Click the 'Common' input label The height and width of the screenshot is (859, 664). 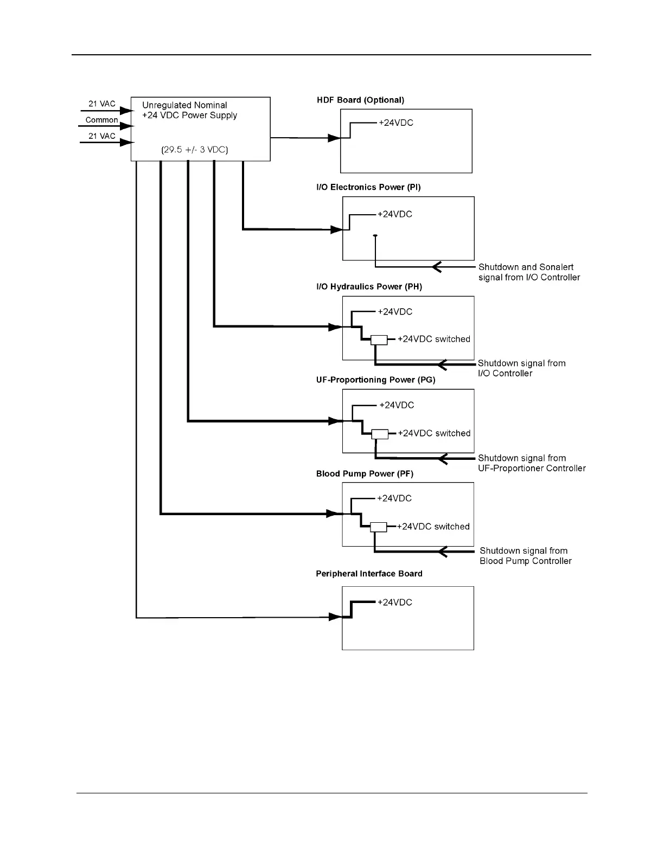tap(101, 120)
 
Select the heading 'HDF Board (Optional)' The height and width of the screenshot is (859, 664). tap(360, 100)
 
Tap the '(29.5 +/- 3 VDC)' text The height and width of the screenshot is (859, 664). tap(195, 150)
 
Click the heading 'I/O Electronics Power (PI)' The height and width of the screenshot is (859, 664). tap(368, 187)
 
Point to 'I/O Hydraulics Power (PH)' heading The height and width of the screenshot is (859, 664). tap(369, 286)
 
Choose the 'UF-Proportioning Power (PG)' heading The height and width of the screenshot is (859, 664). tap(375, 380)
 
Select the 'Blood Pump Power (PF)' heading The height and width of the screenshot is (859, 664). tap(365, 474)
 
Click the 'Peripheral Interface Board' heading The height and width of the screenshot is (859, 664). tap(369, 574)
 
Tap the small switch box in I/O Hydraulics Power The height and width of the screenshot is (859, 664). tap(379, 340)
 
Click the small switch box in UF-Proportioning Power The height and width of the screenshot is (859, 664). tap(380, 434)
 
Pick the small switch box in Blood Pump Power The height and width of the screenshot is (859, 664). tap(379, 527)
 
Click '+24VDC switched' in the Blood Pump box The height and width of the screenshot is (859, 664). tap(433, 527)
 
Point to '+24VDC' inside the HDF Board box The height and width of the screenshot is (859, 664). tap(396, 123)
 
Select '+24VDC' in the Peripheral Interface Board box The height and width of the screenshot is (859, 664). tap(395, 602)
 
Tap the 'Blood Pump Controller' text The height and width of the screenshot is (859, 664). tap(526, 561)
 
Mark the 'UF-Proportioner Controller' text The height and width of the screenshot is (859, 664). tap(532, 468)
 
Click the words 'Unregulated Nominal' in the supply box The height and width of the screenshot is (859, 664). tap(184, 105)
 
